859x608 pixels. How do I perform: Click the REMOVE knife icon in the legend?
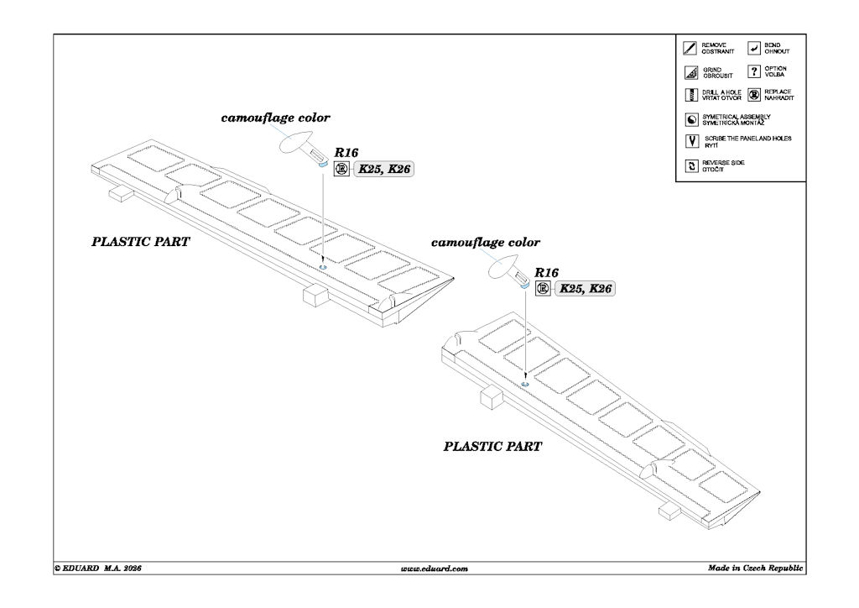tap(690, 48)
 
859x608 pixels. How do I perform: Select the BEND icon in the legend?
tap(754, 48)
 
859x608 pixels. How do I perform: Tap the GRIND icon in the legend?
tap(690, 72)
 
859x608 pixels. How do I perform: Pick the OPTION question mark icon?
tap(754, 71)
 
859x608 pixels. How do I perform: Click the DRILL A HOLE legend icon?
tap(691, 95)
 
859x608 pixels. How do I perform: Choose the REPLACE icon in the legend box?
tap(754, 95)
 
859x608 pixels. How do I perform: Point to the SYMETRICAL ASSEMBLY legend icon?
tap(691, 119)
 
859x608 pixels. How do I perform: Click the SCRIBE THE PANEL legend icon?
tap(692, 141)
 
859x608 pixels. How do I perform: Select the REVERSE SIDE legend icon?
tap(691, 165)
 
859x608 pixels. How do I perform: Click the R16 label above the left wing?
tap(346, 153)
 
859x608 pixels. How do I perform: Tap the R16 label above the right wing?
tap(546, 272)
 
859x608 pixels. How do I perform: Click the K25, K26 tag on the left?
tap(384, 169)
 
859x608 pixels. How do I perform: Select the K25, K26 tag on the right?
tap(585, 288)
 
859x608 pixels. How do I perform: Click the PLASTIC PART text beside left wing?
tap(140, 242)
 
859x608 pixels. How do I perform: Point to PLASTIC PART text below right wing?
tap(492, 446)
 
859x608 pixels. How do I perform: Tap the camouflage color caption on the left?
tap(275, 118)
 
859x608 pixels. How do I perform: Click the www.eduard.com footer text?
tap(434, 569)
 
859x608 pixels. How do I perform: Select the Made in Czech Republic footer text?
tap(755, 568)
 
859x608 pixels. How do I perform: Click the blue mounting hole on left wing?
tap(323, 267)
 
